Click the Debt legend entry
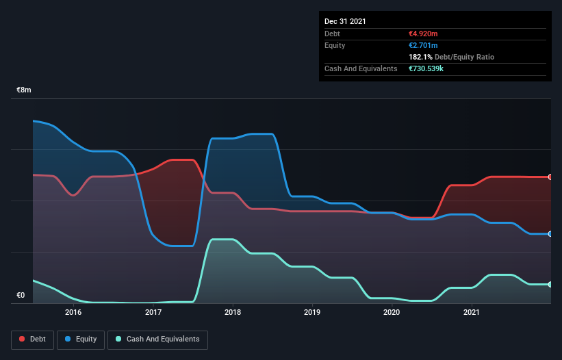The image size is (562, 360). (32, 339)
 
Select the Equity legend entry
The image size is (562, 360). (81, 339)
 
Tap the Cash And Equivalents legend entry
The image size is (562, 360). (157, 339)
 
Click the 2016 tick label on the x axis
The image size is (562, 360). (73, 313)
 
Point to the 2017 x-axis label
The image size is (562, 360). (153, 313)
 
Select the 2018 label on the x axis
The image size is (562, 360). (233, 313)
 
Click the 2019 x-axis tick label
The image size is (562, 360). (312, 313)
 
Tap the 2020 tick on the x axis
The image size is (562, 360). (392, 313)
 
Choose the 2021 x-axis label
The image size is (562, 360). (471, 313)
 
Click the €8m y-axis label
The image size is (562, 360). (24, 90)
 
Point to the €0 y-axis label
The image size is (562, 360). (21, 296)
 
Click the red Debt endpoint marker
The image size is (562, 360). (550, 177)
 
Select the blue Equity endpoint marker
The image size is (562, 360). (550, 234)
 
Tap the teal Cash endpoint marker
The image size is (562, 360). (550, 285)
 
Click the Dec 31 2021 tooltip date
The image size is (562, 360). (345, 21)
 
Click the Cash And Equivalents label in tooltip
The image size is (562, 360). (361, 69)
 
